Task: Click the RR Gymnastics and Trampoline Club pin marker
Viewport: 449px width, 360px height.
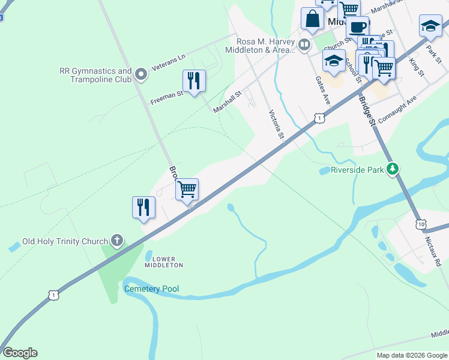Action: [x=141, y=75]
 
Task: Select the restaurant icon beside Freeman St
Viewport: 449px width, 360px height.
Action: [x=194, y=81]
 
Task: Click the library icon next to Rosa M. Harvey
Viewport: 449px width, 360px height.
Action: [x=305, y=45]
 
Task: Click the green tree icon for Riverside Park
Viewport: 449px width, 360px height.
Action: [x=393, y=170]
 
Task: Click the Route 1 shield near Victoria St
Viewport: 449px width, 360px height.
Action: [x=321, y=119]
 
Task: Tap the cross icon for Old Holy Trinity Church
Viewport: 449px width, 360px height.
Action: [x=116, y=241]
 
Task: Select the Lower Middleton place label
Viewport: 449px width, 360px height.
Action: [x=163, y=262]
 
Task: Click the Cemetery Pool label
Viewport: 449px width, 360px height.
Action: [x=151, y=289]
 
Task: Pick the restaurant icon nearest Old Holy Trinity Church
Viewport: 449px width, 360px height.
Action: [x=144, y=207]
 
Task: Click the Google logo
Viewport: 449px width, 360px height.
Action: [x=20, y=353]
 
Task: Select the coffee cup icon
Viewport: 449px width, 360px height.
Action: [x=358, y=26]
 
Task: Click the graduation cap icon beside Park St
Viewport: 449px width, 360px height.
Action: [x=430, y=26]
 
